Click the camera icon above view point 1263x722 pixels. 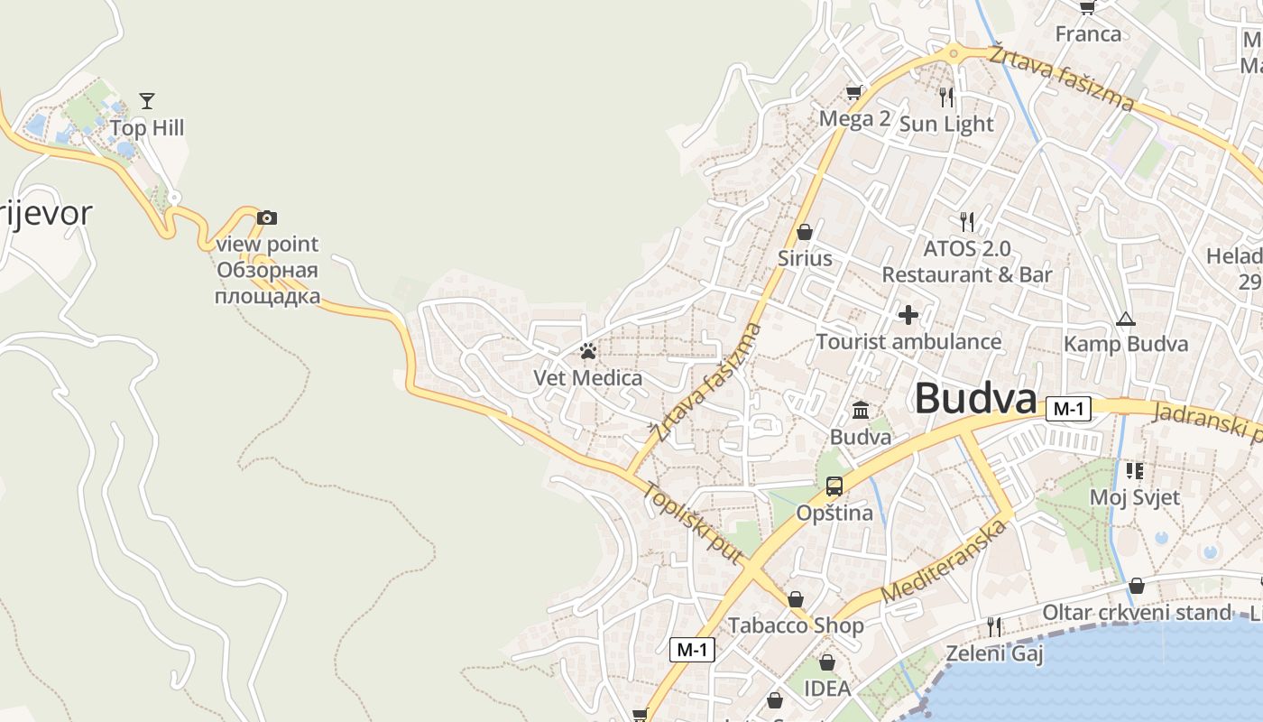pyautogui.click(x=267, y=218)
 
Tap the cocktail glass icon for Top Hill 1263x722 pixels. pyautogui.click(x=147, y=100)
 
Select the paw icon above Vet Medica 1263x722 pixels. pyautogui.click(x=588, y=350)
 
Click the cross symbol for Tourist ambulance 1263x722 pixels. pyautogui.click(x=908, y=315)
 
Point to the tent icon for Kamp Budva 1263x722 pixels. pyautogui.click(x=1125, y=319)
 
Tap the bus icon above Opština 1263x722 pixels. pyautogui.click(x=834, y=486)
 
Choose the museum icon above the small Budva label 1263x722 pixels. pyautogui.click(x=861, y=411)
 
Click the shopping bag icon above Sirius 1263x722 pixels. pyautogui.click(x=805, y=232)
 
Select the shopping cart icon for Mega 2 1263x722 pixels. pyautogui.click(x=853, y=92)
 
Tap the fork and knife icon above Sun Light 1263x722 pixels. pyautogui.click(x=945, y=97)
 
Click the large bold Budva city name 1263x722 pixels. pyautogui.click(x=976, y=399)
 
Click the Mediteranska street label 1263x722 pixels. pyautogui.click(x=944, y=561)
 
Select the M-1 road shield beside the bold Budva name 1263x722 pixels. pyautogui.click(x=1069, y=409)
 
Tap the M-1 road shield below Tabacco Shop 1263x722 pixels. pyautogui.click(x=693, y=649)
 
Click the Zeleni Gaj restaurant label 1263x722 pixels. pyautogui.click(x=994, y=653)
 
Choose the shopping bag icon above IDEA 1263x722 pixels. pyautogui.click(x=827, y=663)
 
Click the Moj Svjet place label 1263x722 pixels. pyautogui.click(x=1134, y=496)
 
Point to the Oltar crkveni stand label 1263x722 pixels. pyautogui.click(x=1136, y=613)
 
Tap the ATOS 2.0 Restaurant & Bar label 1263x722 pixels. pyautogui.click(x=967, y=262)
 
